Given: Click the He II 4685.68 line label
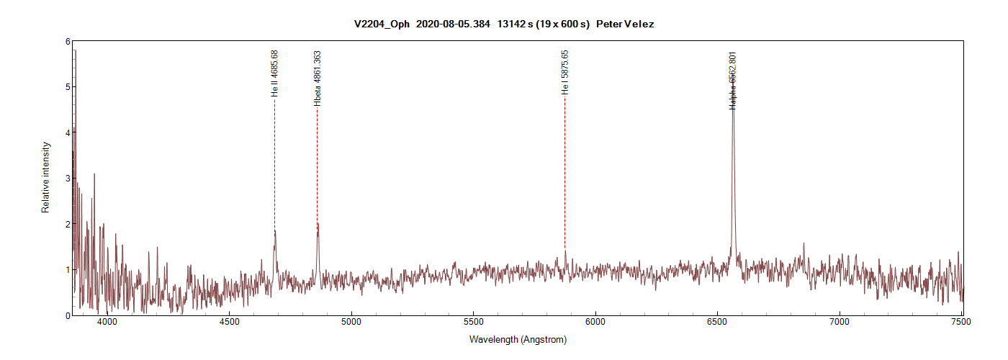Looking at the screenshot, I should coord(274,73).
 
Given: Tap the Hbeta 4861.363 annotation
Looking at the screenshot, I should coord(318,78).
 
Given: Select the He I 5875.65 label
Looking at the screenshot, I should coord(564,73).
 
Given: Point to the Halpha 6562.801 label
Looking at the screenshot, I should coord(733,80).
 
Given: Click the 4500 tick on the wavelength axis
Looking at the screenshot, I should coord(229,322).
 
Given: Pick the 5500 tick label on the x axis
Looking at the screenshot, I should coord(473,322).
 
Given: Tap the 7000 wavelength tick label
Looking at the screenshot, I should coord(840,322).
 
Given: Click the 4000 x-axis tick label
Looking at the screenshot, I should coord(107,322).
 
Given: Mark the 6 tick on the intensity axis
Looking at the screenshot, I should coord(67,42).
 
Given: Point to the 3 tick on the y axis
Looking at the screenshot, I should coord(67,179).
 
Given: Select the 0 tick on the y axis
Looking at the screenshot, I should coord(67,315).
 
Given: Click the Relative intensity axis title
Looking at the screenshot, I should coord(45,177).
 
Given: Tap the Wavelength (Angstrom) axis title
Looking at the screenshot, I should coord(518,339).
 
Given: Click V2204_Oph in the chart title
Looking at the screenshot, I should coord(382,24).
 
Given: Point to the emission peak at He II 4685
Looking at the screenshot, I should coord(275,231).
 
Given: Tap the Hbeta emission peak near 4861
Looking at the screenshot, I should coord(318,224).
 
